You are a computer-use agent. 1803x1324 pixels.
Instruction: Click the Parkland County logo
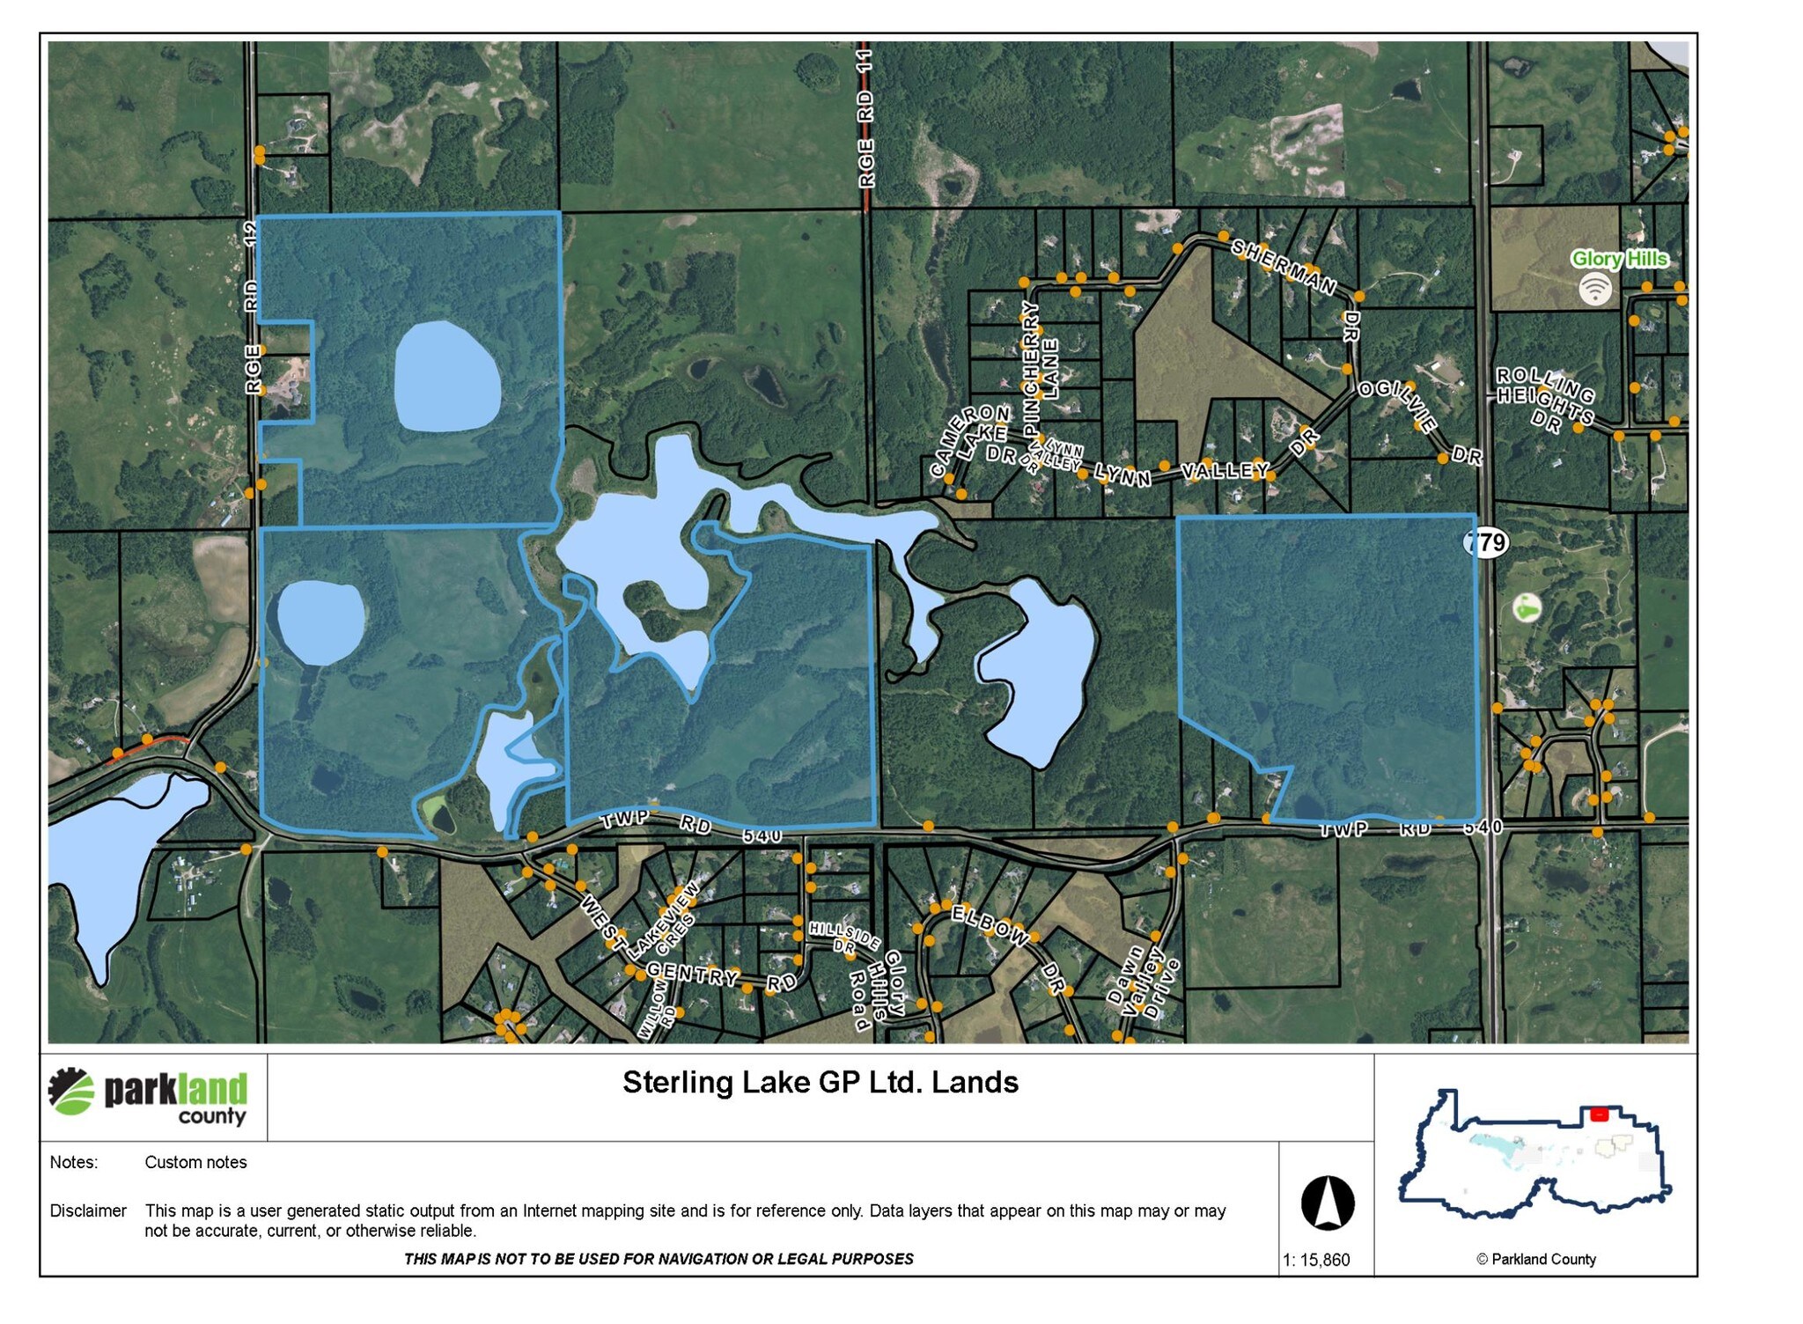[148, 1096]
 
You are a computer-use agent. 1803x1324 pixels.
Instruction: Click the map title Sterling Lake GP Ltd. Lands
[820, 1082]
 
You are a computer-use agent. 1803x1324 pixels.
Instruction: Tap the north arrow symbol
[1327, 1203]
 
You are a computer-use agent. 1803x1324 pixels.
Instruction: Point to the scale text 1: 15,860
[1315, 1260]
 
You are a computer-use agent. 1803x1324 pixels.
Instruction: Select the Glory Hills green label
[1619, 259]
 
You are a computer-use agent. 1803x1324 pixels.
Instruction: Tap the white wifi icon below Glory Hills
[1594, 288]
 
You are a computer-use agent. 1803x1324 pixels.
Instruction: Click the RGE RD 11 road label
[866, 119]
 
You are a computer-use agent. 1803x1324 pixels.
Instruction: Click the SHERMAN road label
[1283, 266]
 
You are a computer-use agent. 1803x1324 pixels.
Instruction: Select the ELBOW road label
[990, 925]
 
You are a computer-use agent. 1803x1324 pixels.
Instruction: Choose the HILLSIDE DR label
[843, 937]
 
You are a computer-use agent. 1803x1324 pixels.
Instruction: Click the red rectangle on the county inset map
[1599, 1114]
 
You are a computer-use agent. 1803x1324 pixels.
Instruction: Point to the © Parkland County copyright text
[1535, 1260]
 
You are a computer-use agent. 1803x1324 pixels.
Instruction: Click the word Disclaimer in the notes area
[88, 1211]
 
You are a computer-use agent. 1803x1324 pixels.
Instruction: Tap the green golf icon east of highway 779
[1527, 607]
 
